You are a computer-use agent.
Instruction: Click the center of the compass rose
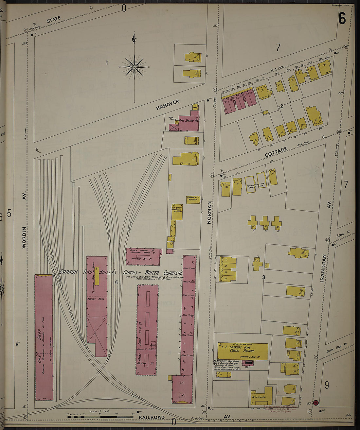135,67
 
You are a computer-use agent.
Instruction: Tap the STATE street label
54,20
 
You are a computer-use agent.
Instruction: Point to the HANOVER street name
168,105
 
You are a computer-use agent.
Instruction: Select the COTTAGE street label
276,152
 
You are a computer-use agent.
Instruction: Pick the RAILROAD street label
151,418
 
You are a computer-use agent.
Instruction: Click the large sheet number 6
342,19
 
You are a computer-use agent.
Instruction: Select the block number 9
327,385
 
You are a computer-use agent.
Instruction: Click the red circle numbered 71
316,403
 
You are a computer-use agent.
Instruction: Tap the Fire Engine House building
189,121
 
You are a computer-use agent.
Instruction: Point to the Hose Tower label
172,119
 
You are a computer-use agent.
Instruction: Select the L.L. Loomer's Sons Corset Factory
243,351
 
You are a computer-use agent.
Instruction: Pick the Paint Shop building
147,330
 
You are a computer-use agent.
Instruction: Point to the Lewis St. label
343,234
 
